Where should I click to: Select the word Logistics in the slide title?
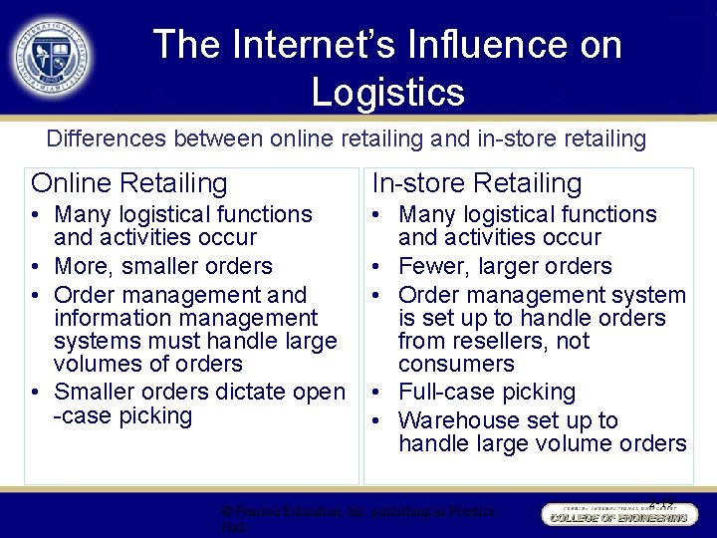tap(387, 92)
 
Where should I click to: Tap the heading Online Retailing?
tap(129, 183)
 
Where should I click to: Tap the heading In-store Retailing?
tap(476, 183)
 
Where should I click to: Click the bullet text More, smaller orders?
tap(163, 266)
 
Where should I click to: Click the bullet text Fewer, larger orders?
tap(505, 266)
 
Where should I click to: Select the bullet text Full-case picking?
tap(487, 392)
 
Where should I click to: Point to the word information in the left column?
tap(107, 318)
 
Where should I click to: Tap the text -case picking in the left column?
tap(121, 415)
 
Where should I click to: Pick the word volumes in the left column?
tap(99, 364)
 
